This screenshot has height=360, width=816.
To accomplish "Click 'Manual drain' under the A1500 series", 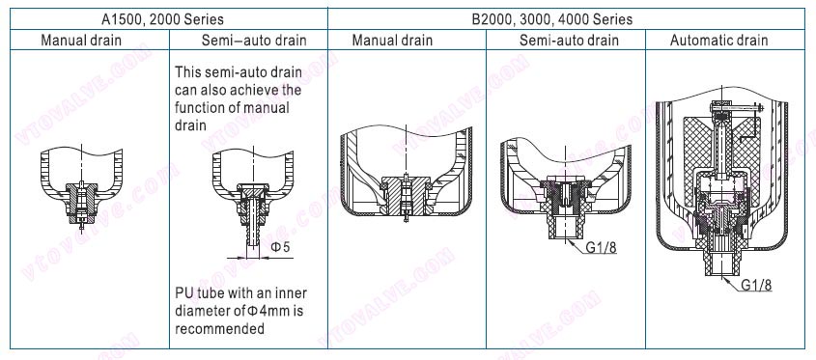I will [x=81, y=41].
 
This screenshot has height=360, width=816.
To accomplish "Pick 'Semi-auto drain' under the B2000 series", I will [x=569, y=41].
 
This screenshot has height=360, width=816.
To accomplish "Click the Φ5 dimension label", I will [x=279, y=247].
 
